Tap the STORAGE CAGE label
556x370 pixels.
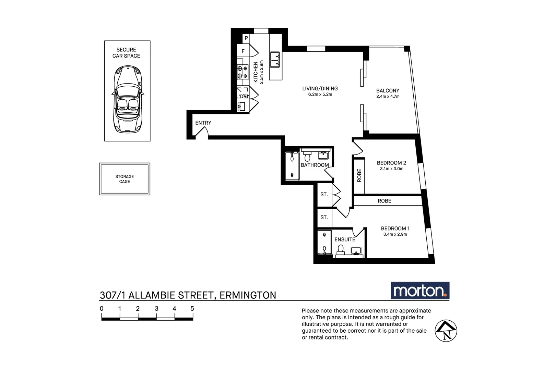coord(125,179)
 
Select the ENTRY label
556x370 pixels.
coord(203,123)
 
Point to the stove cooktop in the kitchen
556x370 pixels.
coord(242,72)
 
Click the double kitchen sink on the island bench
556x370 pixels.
coord(275,60)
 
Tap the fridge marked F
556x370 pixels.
coord(243,51)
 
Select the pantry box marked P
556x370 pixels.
coord(246,38)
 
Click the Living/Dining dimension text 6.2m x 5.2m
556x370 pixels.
coord(320,94)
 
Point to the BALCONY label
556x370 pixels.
coord(388,90)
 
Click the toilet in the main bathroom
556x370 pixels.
coord(307,157)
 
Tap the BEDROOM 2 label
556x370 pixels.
coord(391,163)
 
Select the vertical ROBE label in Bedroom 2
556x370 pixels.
coord(359,175)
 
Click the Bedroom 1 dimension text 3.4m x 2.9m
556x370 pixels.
coord(395,234)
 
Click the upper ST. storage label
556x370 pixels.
coord(324,194)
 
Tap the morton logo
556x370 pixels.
coord(420,291)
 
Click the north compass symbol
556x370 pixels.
coord(446,331)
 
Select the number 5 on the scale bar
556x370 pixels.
coord(192,308)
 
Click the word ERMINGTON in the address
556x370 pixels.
coord(248,295)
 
